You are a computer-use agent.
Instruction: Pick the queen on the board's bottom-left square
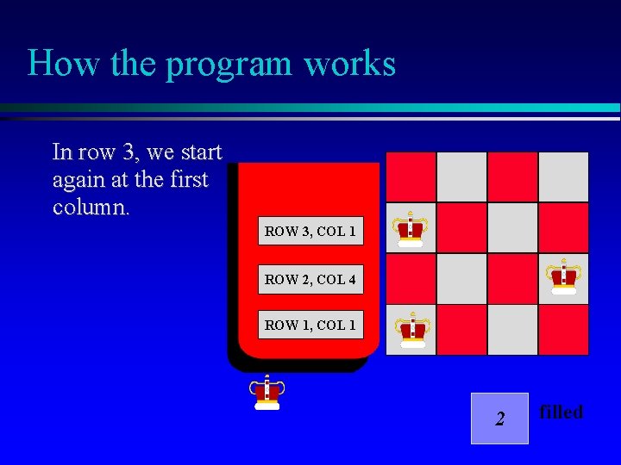click(x=411, y=330)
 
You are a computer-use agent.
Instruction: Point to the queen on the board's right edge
click(x=564, y=277)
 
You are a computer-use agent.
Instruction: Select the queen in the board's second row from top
click(x=411, y=229)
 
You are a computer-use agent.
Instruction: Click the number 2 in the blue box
click(x=499, y=419)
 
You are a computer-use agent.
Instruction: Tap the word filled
click(x=561, y=412)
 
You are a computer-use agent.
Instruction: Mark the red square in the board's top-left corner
click(x=411, y=177)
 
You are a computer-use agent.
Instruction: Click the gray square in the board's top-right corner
click(x=563, y=177)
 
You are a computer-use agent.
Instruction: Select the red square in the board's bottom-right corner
click(x=563, y=330)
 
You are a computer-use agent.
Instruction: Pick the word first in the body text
click(x=188, y=181)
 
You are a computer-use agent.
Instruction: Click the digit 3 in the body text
click(x=129, y=153)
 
